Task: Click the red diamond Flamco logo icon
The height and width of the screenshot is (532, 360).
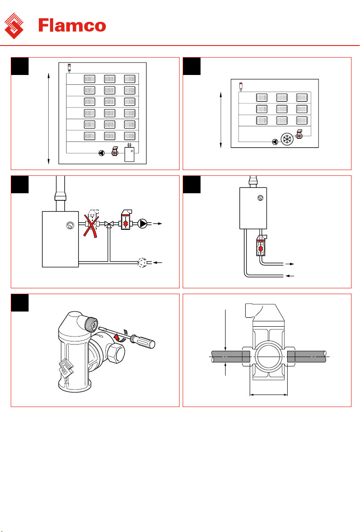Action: (14, 26)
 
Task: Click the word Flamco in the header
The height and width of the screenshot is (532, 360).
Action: (72, 25)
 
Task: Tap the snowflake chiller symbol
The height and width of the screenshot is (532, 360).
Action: (287, 139)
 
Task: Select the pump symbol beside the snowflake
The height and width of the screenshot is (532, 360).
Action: (275, 142)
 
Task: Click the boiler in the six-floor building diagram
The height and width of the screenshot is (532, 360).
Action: (130, 154)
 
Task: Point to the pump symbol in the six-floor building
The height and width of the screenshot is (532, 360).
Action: (101, 153)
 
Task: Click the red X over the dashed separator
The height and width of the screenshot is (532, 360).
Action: (92, 225)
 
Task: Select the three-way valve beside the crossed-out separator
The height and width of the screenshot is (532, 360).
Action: (109, 224)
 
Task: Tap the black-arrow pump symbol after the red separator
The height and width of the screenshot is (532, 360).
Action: (143, 224)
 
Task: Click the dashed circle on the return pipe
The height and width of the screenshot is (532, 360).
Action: (142, 262)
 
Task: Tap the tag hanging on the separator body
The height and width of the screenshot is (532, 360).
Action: (66, 368)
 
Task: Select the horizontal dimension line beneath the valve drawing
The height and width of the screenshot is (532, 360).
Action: (268, 395)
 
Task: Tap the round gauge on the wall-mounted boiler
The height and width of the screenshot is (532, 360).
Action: (260, 198)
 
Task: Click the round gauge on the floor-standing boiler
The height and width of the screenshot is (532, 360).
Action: (70, 225)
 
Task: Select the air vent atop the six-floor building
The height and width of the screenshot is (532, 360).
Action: (69, 68)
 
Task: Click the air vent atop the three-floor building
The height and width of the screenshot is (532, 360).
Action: (241, 87)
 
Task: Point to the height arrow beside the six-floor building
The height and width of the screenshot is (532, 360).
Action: (49, 118)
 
